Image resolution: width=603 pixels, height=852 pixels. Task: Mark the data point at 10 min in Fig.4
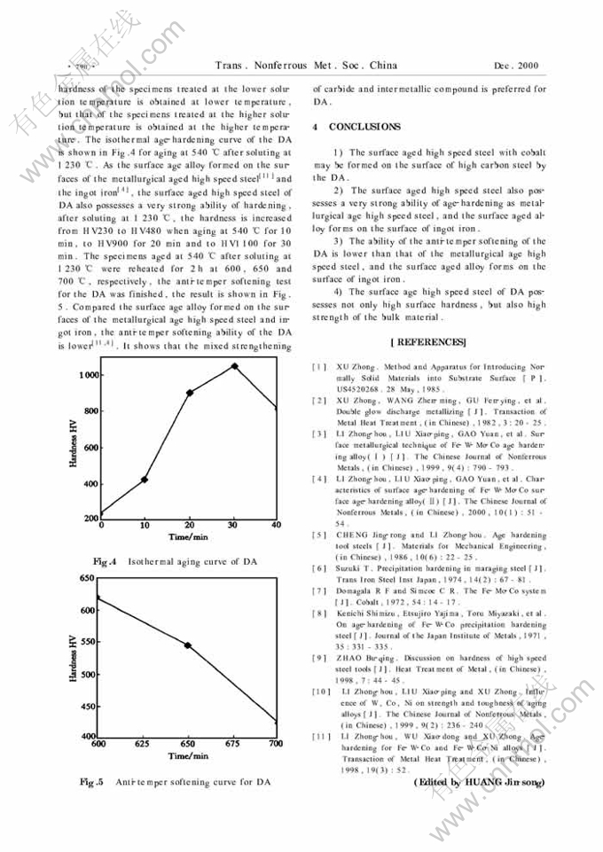[145, 480]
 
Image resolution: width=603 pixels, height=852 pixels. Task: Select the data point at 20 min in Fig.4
[190, 393]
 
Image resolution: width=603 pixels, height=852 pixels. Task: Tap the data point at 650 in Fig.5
[188, 645]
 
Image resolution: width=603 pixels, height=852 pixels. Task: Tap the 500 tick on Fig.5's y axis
[89, 675]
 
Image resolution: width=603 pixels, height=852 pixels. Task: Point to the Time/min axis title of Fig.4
[189, 537]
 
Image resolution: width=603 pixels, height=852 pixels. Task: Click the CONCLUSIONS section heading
[364, 128]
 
